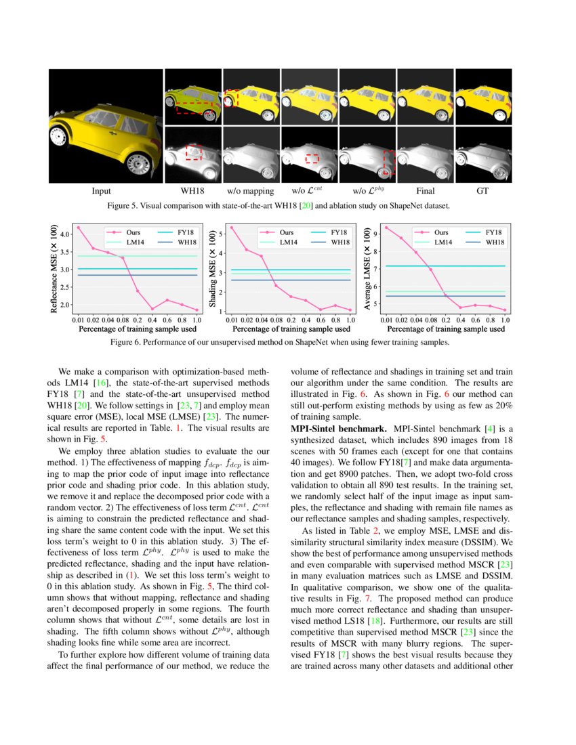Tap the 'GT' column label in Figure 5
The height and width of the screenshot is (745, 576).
tap(482, 192)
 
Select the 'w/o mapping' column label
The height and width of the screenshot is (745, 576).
tap(251, 192)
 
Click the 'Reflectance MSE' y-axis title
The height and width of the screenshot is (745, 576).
tap(54, 270)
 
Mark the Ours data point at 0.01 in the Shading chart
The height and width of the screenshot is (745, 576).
tap(232, 228)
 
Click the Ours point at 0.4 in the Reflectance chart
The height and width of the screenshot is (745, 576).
tap(152, 309)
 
